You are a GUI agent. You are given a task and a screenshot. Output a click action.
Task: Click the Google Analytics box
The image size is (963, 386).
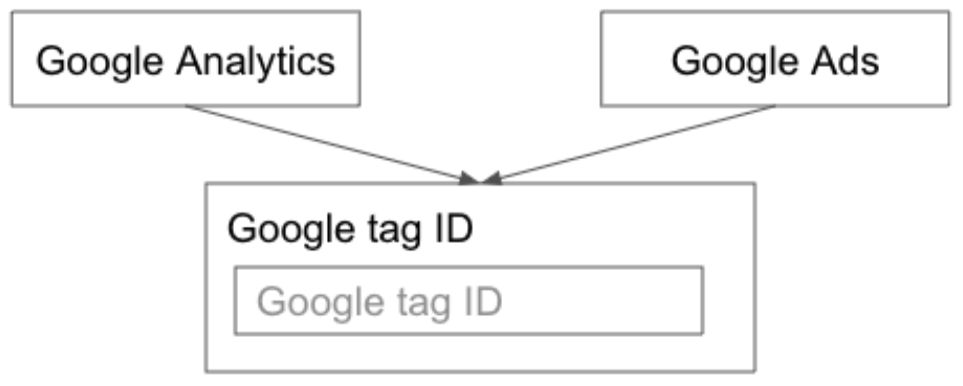(x=186, y=59)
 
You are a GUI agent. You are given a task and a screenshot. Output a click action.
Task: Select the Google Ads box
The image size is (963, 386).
(x=774, y=59)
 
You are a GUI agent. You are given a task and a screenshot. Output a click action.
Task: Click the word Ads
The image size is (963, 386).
(x=845, y=61)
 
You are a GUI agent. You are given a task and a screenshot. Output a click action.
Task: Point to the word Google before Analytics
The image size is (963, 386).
(x=100, y=63)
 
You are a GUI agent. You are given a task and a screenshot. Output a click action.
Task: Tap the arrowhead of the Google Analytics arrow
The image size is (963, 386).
(x=469, y=178)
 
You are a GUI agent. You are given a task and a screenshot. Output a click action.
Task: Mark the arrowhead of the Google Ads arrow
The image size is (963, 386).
(x=492, y=178)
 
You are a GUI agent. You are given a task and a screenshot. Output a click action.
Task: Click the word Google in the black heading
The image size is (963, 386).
(x=291, y=230)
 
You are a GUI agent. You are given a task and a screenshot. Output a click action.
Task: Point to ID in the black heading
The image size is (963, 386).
(x=453, y=229)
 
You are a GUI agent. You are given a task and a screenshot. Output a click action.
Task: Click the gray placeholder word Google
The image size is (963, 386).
(x=321, y=304)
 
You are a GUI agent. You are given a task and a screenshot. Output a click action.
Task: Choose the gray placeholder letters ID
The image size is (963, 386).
(x=483, y=302)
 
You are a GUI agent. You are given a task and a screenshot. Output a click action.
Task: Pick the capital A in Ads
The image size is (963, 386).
(x=825, y=61)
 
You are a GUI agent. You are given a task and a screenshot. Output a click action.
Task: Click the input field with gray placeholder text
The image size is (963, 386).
(x=469, y=300)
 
